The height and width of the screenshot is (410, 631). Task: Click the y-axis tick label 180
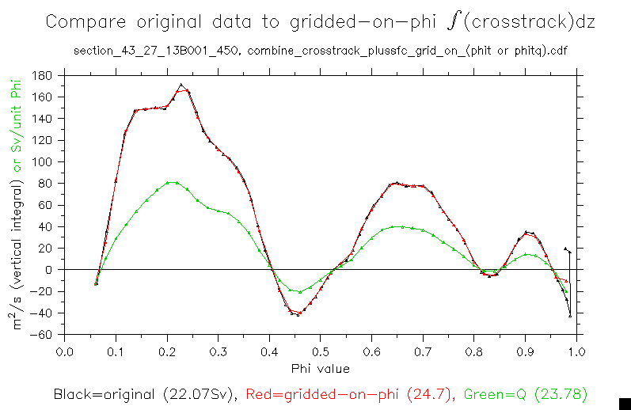[42, 75]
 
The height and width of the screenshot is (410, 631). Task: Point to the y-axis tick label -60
[40, 334]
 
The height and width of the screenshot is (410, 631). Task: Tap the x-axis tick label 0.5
[320, 351]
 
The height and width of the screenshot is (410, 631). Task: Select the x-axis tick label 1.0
[576, 351]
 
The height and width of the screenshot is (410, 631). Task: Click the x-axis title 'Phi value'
[320, 368]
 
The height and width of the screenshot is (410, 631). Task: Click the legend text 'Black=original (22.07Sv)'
[146, 393]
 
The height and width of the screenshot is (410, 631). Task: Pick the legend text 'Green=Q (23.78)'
[526, 393]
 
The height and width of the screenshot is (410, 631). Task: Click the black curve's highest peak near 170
[181, 85]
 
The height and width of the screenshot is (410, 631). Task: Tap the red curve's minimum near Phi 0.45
[298, 313]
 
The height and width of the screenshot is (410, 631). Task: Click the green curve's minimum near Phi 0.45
[299, 292]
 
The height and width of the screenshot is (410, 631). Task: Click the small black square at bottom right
[624, 403]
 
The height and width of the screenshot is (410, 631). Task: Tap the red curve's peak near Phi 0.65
[397, 183]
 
